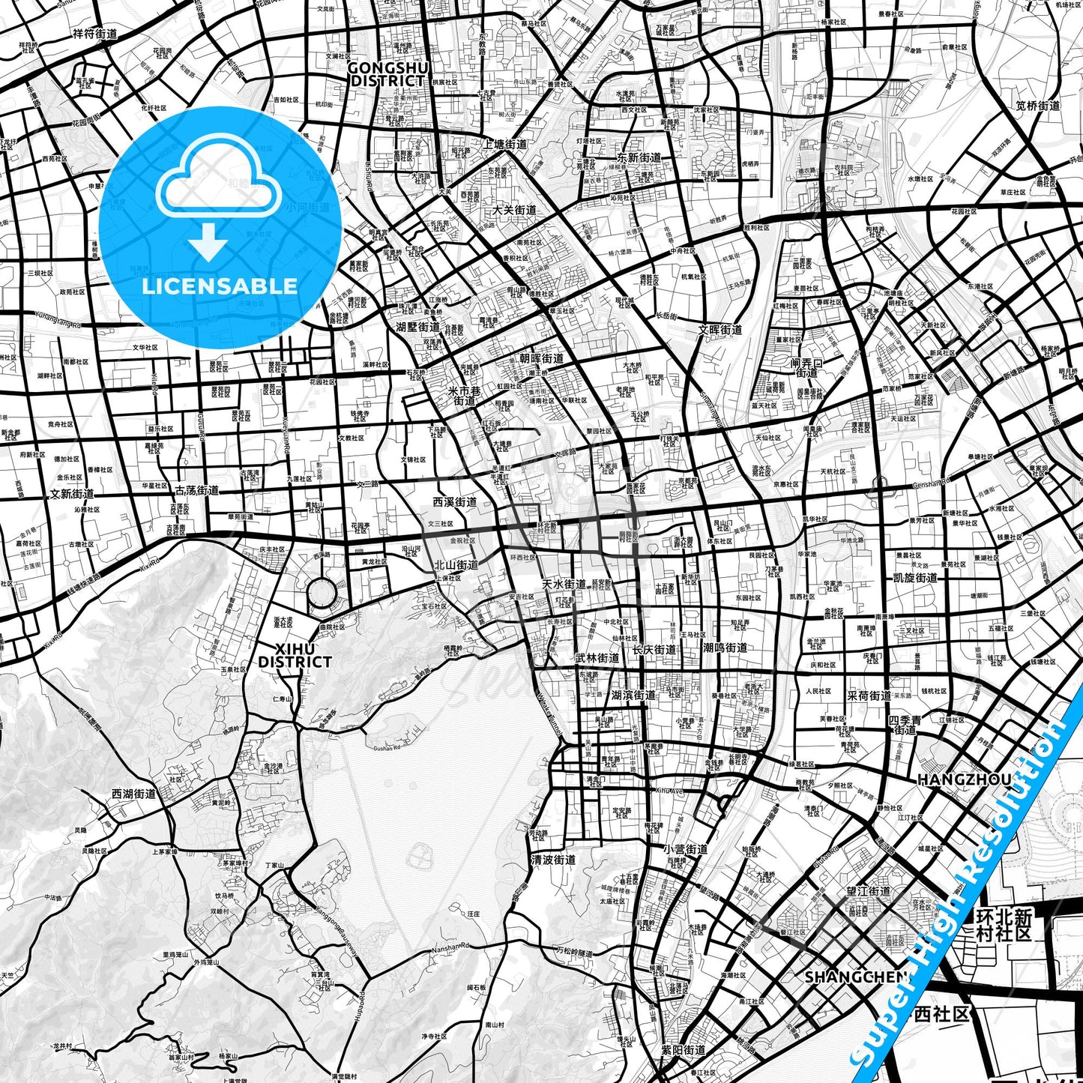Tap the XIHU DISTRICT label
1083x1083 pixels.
click(x=295, y=656)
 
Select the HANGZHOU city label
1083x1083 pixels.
click(x=964, y=779)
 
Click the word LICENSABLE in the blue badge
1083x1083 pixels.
click(x=220, y=286)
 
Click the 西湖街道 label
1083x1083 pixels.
click(x=133, y=794)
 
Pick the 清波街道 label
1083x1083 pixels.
click(x=553, y=860)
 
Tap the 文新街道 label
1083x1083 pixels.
click(x=72, y=495)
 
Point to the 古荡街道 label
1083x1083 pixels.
click(x=196, y=491)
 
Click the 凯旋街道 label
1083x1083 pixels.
click(x=915, y=578)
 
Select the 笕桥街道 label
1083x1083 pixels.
click(x=1038, y=106)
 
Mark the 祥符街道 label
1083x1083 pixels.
click(x=95, y=34)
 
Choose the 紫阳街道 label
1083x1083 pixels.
click(x=683, y=1051)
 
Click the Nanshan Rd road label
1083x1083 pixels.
click(x=450, y=948)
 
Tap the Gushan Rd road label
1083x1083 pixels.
click(x=387, y=747)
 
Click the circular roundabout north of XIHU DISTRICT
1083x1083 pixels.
click(x=322, y=594)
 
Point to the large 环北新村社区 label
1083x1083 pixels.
click(x=1005, y=925)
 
